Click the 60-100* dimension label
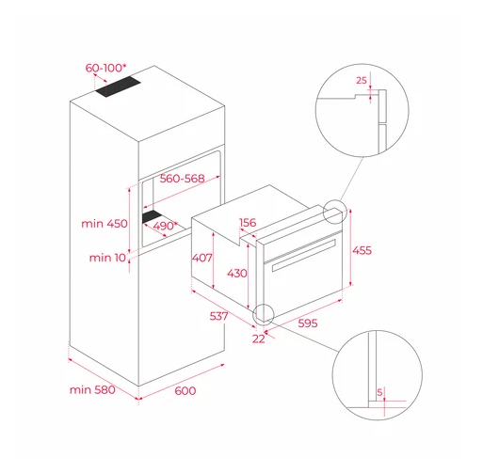pos(106,68)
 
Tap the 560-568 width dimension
pos(182,179)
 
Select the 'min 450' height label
pos(105,224)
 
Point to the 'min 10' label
pos(107,258)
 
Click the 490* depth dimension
pos(165,226)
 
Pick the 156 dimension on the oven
pos(248,223)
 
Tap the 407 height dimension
pos(202,258)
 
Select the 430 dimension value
pos(237,274)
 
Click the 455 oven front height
pos(362,250)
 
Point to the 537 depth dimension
pos(218,316)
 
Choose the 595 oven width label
pos(308,323)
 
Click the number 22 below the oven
pos(259,339)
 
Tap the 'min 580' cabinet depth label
pos(92,389)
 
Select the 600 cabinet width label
pos(185,391)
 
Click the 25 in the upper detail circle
pos(362,81)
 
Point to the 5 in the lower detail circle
pos(379,392)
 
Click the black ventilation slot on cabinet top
pos(118,87)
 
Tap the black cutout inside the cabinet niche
pos(152,216)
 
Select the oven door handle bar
pos(304,255)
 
